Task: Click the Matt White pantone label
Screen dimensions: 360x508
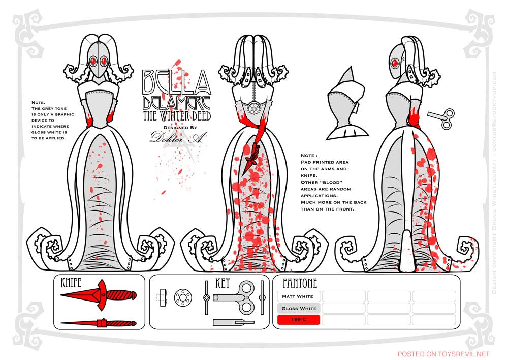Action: point(298,296)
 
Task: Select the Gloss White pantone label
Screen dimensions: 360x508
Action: point(298,308)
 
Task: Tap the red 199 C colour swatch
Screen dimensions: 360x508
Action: point(298,320)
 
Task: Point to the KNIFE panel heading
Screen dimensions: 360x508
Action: point(71,283)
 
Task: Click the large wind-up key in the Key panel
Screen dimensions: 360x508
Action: point(237,297)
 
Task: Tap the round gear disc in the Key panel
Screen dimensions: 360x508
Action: point(182,297)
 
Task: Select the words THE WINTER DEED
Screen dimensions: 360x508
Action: point(176,116)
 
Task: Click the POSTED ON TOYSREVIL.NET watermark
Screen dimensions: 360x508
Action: point(443,353)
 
